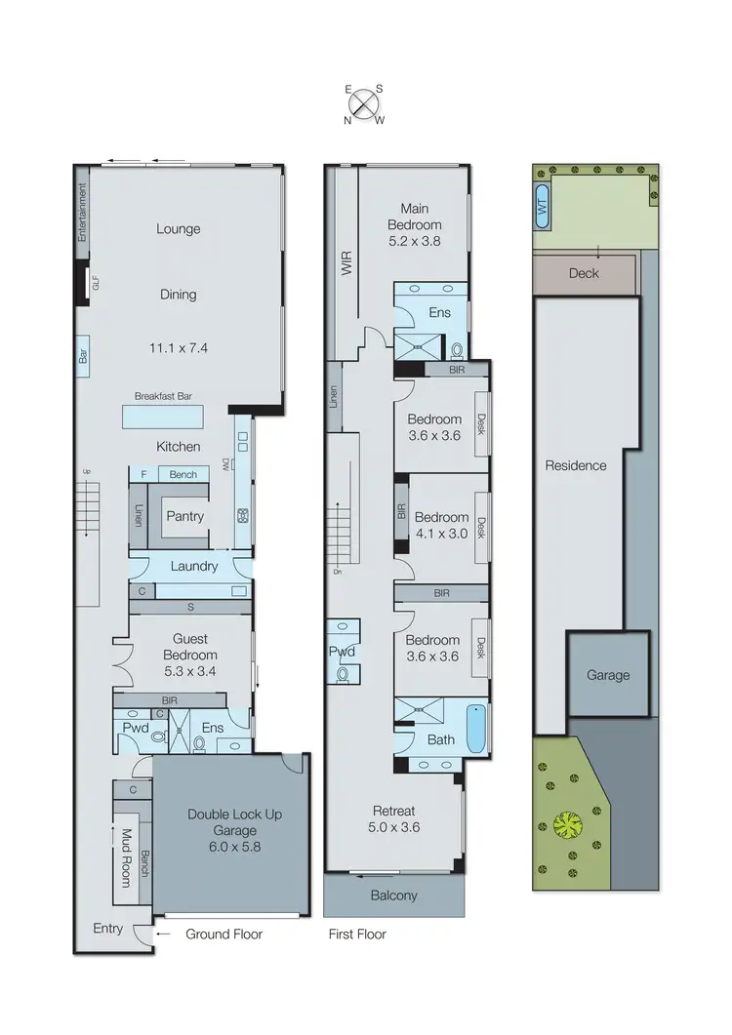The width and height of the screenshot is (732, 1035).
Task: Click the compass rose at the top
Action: [x=364, y=102]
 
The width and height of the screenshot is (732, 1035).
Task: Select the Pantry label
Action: [x=184, y=516]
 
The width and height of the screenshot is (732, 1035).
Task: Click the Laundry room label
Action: [x=192, y=566]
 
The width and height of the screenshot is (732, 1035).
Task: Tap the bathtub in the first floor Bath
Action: [x=474, y=728]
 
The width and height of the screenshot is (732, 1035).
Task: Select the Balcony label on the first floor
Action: [x=394, y=896]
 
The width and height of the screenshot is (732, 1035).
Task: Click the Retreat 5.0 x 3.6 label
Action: [x=394, y=818]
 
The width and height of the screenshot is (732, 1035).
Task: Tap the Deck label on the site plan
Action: [x=584, y=273]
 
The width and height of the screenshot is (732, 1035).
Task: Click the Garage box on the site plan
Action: [x=608, y=674]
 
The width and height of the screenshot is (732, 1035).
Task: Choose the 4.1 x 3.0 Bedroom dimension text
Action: [x=441, y=534]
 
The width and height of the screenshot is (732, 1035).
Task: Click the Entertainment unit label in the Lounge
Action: [x=83, y=212]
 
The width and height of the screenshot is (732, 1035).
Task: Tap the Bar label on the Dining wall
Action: [x=83, y=355]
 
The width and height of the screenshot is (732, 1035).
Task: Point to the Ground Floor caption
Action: [x=224, y=935]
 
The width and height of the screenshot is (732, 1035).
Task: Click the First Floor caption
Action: [x=357, y=935]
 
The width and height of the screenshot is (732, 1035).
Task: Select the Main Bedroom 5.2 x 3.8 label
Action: [x=422, y=224]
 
